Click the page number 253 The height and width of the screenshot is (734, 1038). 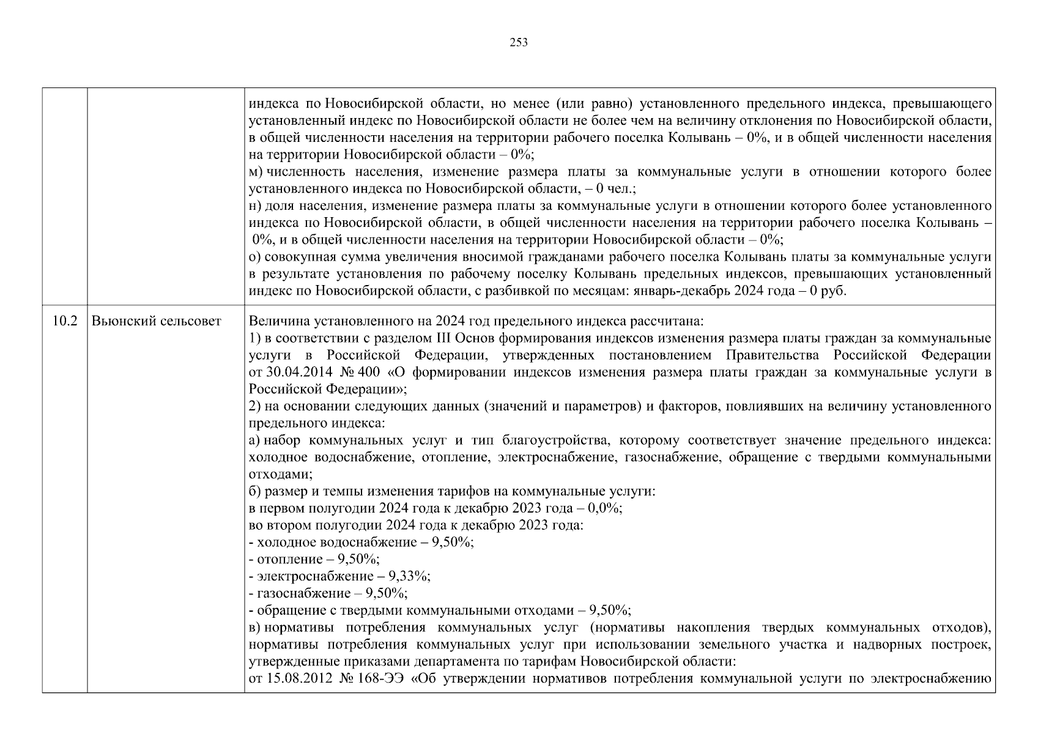(x=518, y=43)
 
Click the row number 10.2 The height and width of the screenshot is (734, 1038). (x=65, y=321)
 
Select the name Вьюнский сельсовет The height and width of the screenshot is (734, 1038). (x=156, y=321)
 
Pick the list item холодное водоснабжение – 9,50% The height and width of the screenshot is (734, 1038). (x=361, y=543)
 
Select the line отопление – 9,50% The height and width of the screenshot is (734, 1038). (x=314, y=560)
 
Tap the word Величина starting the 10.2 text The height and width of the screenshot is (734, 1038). (x=275, y=321)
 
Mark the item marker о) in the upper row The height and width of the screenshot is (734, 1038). (x=255, y=257)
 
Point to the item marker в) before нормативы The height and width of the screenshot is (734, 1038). (x=255, y=628)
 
